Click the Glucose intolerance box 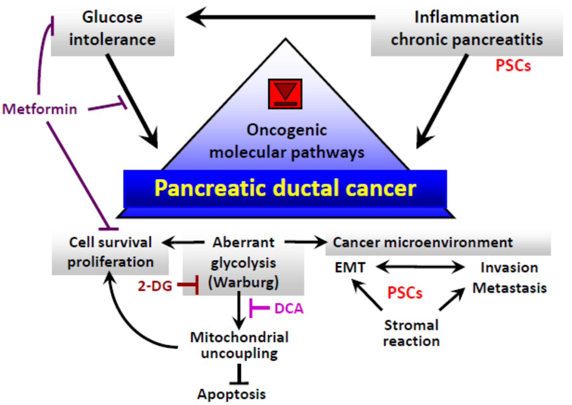click(x=112, y=28)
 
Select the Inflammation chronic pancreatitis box click(x=467, y=28)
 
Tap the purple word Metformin click(x=40, y=109)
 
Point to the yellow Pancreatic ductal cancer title click(x=285, y=188)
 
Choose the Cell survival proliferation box click(x=110, y=252)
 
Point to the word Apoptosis click(x=231, y=394)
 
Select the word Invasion click(x=509, y=267)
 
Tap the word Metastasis click(x=510, y=288)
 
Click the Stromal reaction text click(x=411, y=332)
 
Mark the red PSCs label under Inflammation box click(x=513, y=65)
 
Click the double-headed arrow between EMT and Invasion click(x=419, y=267)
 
